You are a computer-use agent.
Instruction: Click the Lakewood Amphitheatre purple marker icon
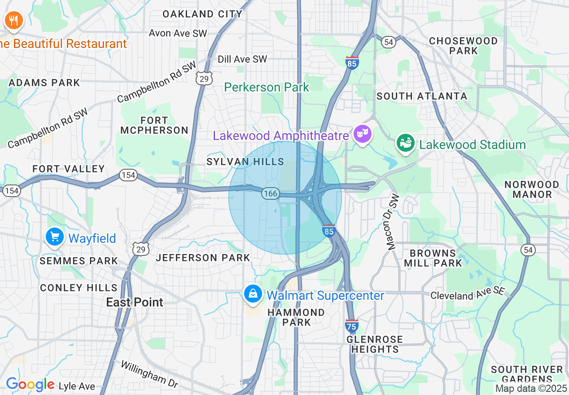click(362, 134)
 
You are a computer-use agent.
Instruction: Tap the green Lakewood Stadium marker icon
click(405, 143)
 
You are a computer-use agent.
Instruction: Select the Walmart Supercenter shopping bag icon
click(253, 294)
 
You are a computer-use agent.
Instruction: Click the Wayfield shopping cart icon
click(55, 237)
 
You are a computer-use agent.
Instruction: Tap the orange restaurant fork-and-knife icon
click(13, 20)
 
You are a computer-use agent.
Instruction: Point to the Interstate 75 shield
click(352, 325)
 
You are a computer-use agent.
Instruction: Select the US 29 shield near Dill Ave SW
click(204, 79)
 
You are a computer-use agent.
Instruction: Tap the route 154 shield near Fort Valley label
click(128, 175)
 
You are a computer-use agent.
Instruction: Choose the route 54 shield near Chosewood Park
click(389, 42)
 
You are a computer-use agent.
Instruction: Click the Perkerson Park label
click(267, 87)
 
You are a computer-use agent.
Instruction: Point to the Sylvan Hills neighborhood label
click(245, 162)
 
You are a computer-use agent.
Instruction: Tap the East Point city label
click(135, 302)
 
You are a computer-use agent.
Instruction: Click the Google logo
click(30, 385)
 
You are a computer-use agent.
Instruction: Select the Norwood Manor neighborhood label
click(532, 189)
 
